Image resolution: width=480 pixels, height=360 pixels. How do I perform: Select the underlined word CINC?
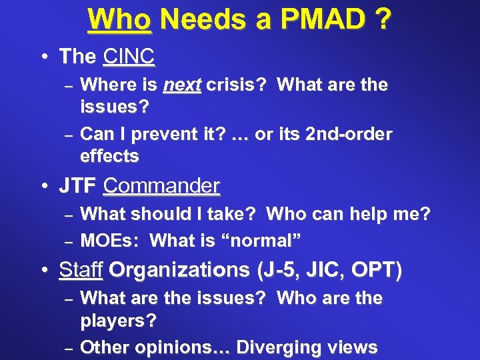(x=129, y=57)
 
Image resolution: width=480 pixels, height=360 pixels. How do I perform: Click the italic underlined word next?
(x=182, y=85)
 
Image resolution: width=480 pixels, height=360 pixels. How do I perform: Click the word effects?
(x=109, y=157)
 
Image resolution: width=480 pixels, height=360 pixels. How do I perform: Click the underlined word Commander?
(x=162, y=185)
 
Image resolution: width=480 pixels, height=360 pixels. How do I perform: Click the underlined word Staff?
(x=81, y=270)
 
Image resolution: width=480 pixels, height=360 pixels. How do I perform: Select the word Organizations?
(x=179, y=270)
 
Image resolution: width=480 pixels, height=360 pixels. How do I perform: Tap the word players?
(x=118, y=321)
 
